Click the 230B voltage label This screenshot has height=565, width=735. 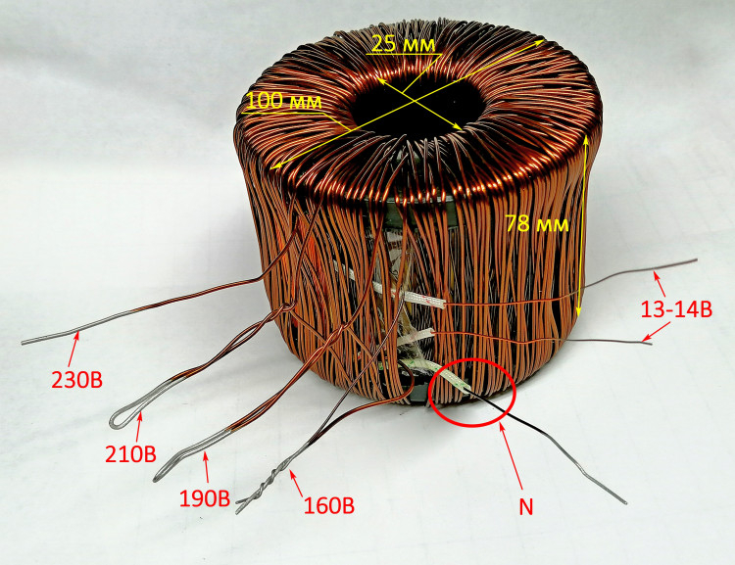coord(76,380)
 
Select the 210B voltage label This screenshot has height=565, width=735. coord(130,454)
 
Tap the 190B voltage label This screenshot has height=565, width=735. coord(205,499)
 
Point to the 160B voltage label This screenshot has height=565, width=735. coord(329,505)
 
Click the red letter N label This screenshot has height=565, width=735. coord(526,507)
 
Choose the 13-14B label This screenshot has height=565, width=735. coord(676,309)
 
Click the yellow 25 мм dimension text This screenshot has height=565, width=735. coord(403,44)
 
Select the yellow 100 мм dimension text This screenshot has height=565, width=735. coord(284,102)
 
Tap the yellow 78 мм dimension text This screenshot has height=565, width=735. coord(537,224)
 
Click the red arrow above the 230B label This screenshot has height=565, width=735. coord(74,349)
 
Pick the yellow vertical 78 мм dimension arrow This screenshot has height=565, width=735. coord(583,225)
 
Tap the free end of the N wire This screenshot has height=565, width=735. coord(626,503)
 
